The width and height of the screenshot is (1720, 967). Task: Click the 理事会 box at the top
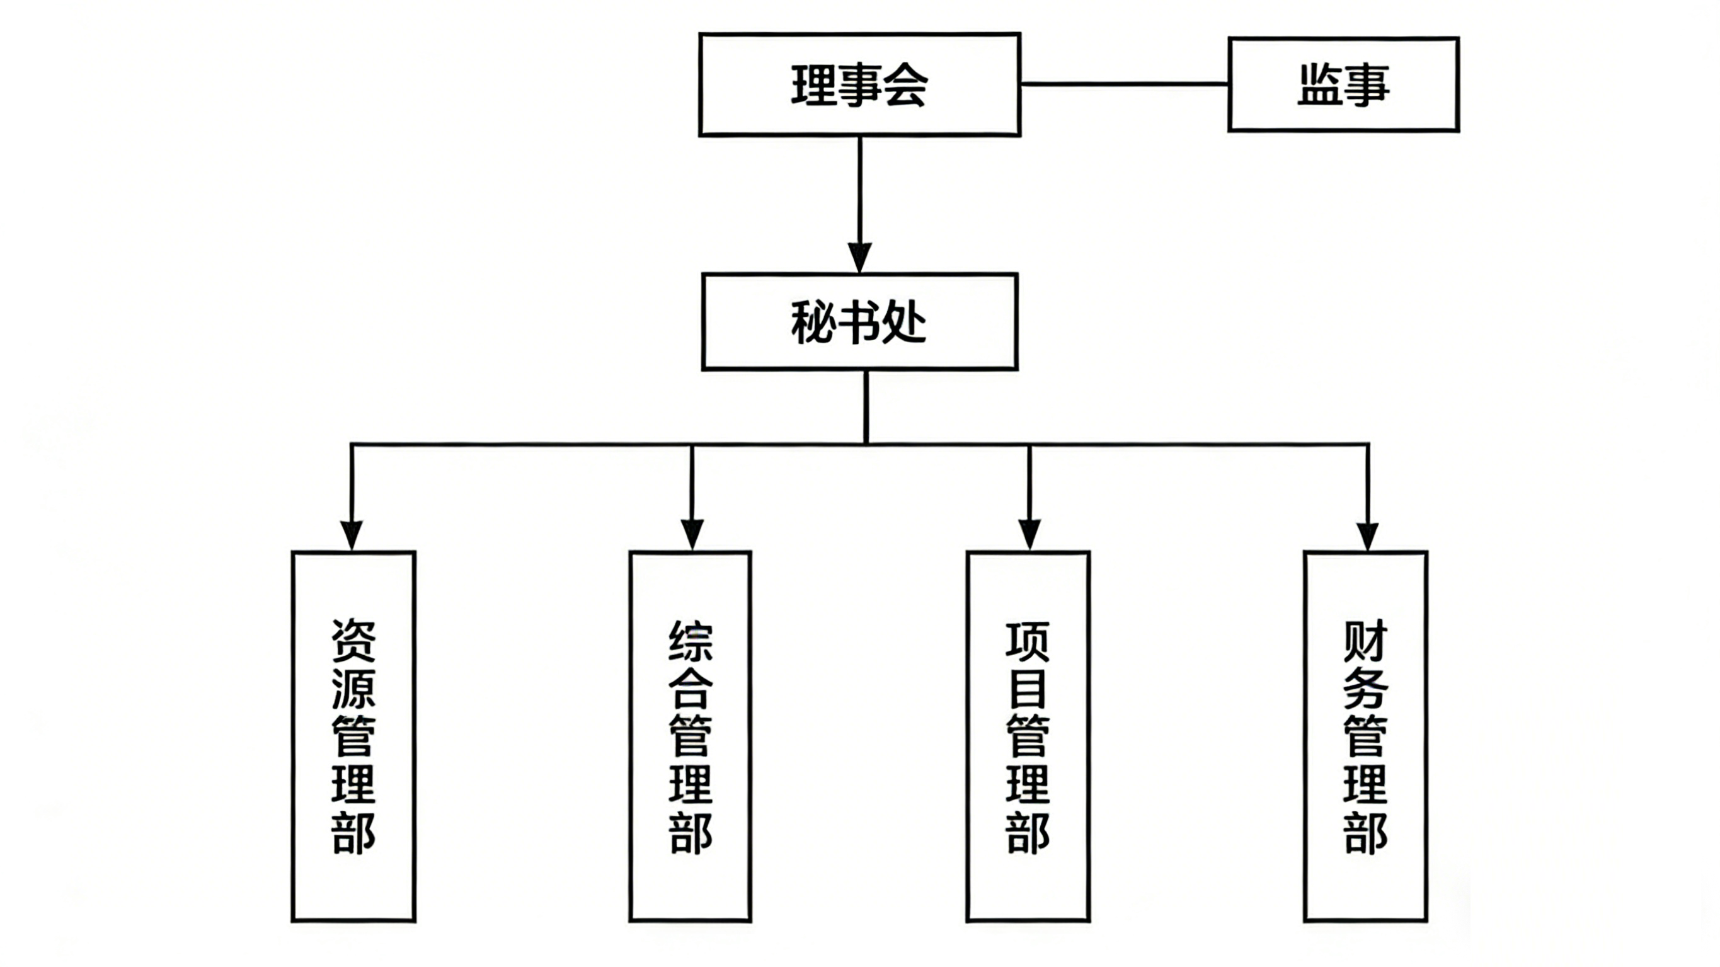(859, 85)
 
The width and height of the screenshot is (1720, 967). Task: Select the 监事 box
(1343, 85)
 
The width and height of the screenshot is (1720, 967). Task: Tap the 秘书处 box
(859, 321)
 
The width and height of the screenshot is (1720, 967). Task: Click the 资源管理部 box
(353, 736)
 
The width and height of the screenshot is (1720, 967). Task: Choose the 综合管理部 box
(691, 736)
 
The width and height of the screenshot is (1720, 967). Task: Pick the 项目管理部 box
(1028, 736)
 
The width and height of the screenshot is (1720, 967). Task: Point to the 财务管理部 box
(1365, 736)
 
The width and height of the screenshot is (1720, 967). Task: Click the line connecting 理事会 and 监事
(1124, 84)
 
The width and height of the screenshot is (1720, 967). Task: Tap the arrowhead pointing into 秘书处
(859, 257)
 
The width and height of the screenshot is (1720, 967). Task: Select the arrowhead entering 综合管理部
(692, 535)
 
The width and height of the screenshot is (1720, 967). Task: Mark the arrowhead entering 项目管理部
(1029, 535)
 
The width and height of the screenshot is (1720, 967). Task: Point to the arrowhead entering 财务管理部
(1367, 535)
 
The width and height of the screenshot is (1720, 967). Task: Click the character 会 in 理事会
(905, 86)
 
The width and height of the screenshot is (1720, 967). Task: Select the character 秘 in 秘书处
(813, 323)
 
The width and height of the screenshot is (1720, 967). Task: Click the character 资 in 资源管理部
(354, 641)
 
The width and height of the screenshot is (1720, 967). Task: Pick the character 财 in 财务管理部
(1365, 641)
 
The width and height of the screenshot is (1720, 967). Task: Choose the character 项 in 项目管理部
(1028, 641)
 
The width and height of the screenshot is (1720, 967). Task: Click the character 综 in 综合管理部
(691, 641)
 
